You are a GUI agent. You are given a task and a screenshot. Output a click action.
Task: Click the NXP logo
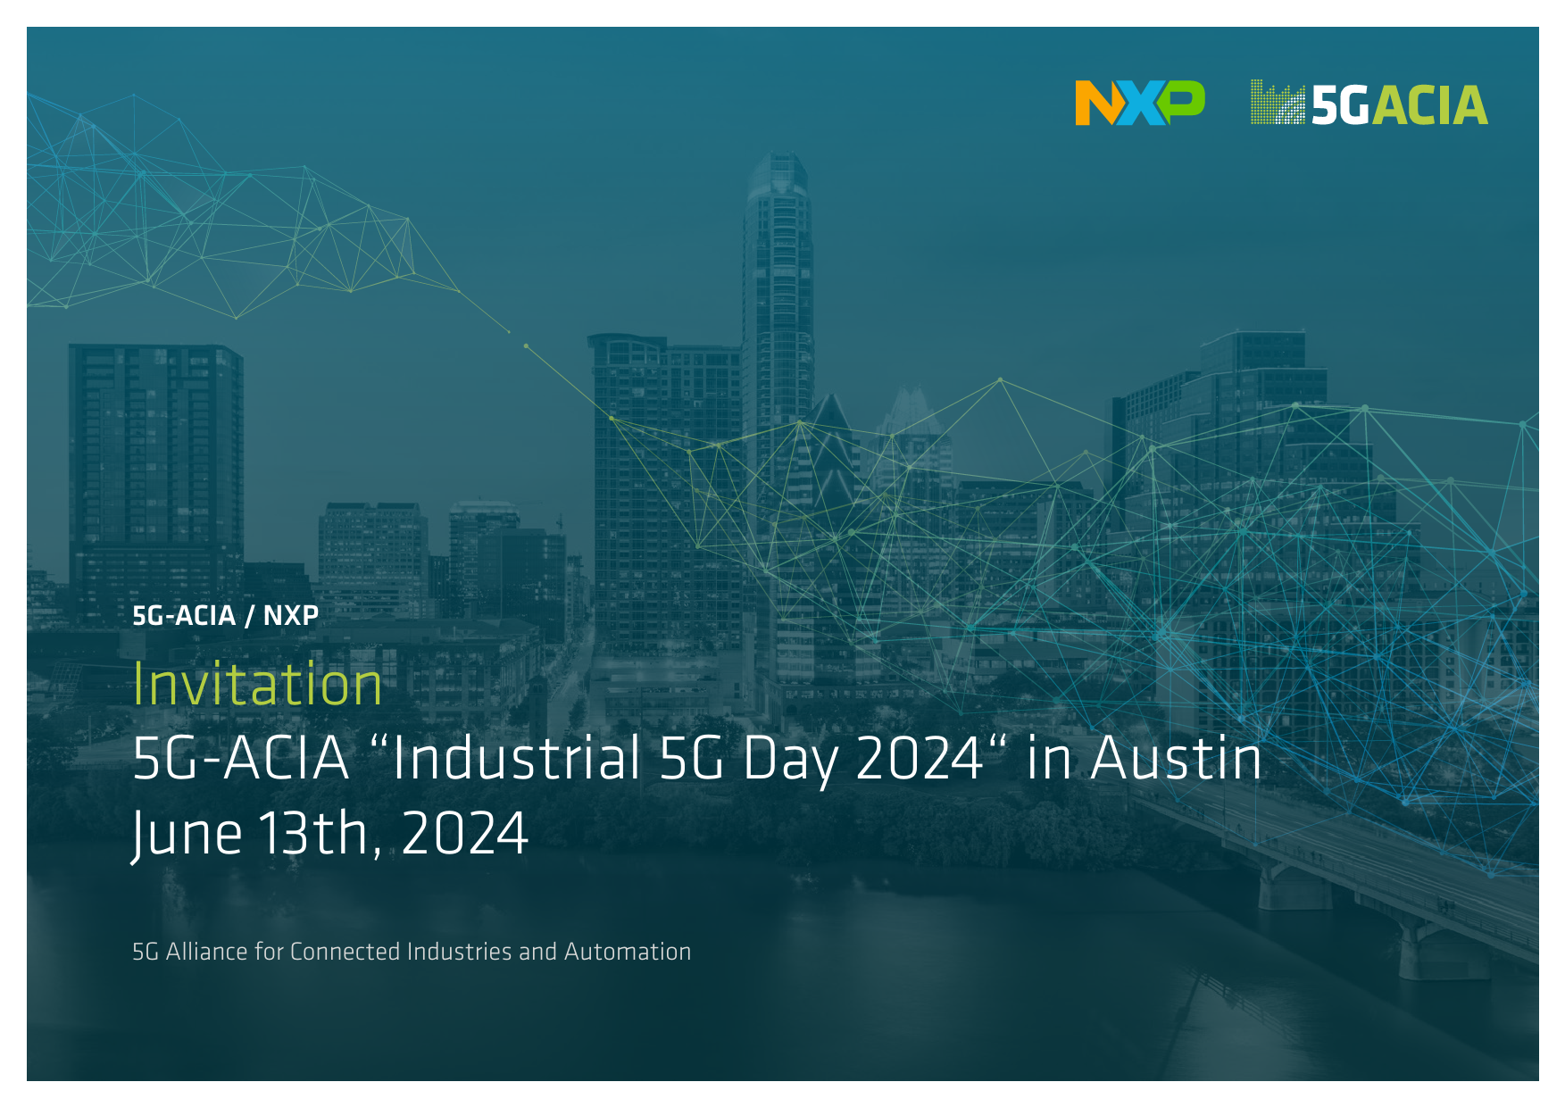pos(1140,103)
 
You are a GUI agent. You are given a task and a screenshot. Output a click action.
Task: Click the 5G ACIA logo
pos(1369,103)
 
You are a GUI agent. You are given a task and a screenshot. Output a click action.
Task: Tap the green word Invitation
pos(258,684)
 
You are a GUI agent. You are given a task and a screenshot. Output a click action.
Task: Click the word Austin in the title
pos(1177,758)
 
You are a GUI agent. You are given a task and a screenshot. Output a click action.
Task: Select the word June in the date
pos(187,834)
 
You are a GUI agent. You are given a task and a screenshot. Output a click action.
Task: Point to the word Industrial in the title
pos(517,758)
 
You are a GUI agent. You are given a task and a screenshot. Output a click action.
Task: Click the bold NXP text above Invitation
pos(291,615)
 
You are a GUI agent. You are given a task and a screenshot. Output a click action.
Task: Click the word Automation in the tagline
pos(628,952)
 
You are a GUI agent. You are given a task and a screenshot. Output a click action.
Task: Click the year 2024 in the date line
pos(465,834)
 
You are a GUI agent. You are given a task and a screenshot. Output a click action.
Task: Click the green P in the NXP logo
pos(1181,101)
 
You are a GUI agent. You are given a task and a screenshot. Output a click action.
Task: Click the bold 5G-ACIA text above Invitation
pos(184,615)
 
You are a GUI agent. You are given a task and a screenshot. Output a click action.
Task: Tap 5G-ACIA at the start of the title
pos(240,758)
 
